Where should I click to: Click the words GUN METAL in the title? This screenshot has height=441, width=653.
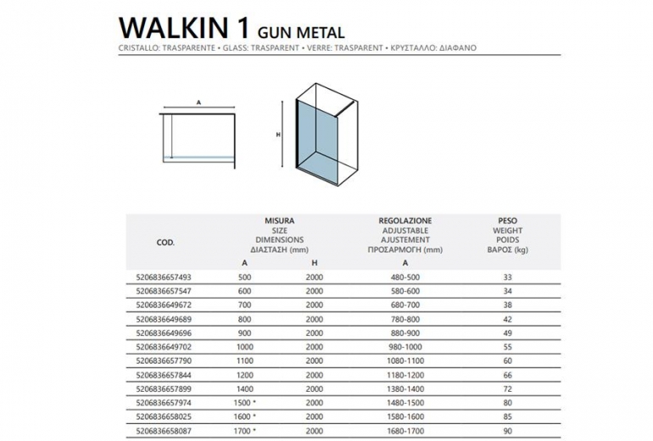tap(303, 32)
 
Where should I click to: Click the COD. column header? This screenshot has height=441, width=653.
tap(166, 242)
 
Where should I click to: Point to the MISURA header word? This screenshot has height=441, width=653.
tap(279, 220)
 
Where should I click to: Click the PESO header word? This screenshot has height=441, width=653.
tap(507, 220)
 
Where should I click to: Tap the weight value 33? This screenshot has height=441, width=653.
tap(508, 277)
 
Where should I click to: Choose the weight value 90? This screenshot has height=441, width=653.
tap(508, 431)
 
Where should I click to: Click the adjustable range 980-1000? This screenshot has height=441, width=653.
tap(406, 348)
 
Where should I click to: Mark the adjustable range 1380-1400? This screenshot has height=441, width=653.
tap(406, 389)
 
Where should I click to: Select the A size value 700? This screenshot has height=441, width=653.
tap(246, 304)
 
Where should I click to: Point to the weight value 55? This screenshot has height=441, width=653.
tap(508, 348)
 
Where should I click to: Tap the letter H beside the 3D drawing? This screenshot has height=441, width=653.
tap(277, 134)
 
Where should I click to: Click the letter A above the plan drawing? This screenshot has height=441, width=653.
tap(198, 102)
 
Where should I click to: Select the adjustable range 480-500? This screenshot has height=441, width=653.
tap(406, 277)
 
